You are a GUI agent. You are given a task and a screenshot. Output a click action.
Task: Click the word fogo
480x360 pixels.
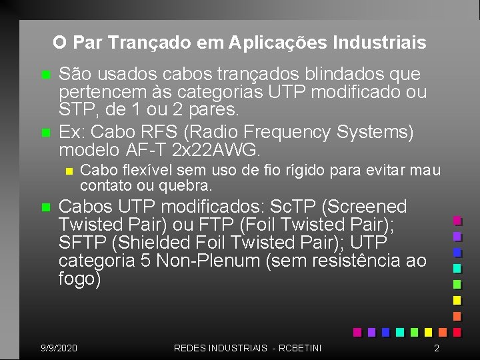point(79,279)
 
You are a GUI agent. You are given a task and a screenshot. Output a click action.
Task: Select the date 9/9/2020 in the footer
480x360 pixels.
point(59,348)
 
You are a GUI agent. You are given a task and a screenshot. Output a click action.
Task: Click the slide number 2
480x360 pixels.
point(436,348)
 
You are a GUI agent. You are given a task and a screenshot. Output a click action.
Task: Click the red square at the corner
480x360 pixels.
point(457,332)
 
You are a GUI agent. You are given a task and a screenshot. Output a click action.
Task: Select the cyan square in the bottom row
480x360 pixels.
point(399,332)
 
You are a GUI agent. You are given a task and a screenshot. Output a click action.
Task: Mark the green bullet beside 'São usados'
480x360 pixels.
point(45,73)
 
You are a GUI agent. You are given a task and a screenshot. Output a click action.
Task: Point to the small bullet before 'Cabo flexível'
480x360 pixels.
point(69,171)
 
